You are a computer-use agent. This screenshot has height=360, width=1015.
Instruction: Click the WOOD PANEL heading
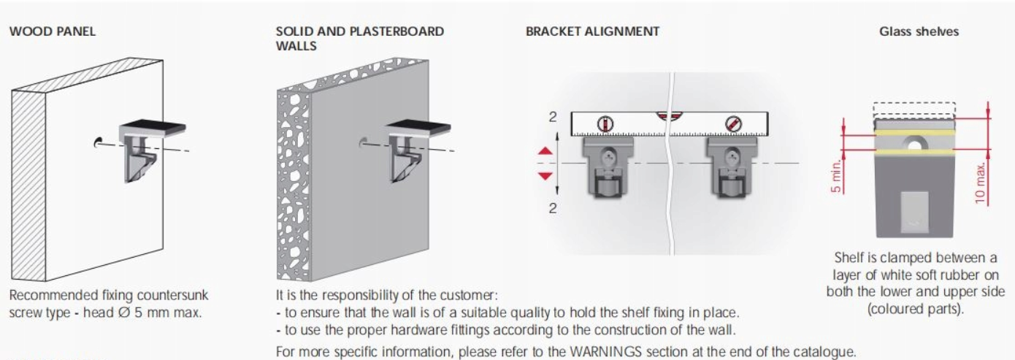[53, 31]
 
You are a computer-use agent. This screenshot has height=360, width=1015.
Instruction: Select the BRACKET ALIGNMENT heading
[592, 31]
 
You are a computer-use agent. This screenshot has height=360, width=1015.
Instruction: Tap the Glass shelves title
[919, 31]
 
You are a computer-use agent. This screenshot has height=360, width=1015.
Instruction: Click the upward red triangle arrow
[545, 151]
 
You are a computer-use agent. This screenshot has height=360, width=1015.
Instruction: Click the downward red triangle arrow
[545, 175]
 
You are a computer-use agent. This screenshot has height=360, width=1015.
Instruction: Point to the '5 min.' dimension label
[837, 176]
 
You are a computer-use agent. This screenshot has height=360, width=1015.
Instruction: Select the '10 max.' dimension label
[980, 183]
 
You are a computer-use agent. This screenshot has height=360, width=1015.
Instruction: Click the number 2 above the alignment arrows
[552, 117]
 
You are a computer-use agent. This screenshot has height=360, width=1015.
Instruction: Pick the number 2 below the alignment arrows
[552, 208]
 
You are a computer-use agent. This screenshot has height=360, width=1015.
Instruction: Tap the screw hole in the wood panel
[97, 142]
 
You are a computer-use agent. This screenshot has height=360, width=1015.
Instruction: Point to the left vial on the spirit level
[605, 124]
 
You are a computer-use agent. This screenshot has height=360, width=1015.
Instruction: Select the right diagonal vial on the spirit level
[733, 124]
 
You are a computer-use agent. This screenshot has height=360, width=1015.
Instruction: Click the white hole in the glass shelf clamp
[914, 145]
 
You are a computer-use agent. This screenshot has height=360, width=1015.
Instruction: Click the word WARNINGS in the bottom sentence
[606, 352]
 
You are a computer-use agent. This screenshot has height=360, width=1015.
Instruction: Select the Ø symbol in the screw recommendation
[123, 313]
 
